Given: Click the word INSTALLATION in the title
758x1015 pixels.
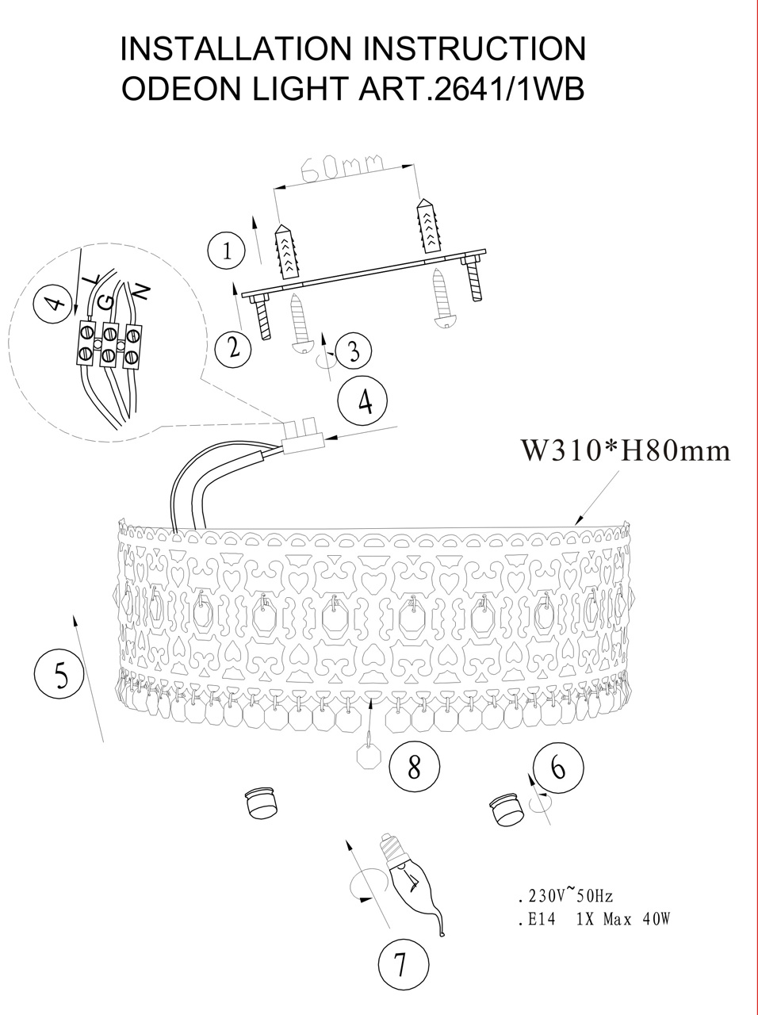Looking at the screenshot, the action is [235, 48].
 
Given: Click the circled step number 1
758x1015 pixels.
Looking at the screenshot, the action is [227, 251].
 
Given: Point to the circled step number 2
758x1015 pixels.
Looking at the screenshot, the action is [234, 347].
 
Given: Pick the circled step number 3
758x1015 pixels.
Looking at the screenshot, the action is [354, 351].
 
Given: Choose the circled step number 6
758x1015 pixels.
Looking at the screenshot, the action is [558, 768].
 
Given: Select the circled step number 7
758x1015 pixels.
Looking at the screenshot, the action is [402, 965].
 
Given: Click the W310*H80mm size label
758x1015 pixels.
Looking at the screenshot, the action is [626, 450].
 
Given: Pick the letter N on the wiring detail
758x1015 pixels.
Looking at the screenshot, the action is [141, 291].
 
